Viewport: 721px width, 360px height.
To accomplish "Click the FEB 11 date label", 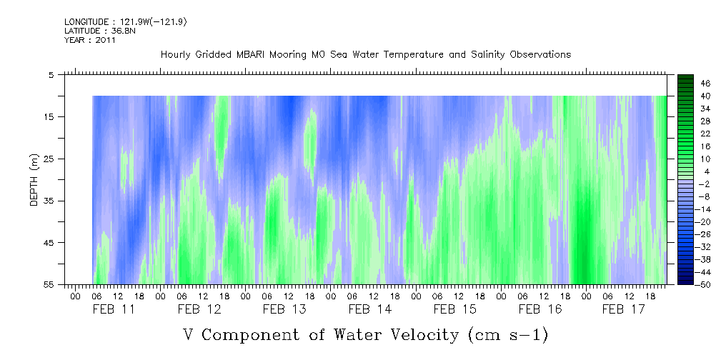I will pos(114,309).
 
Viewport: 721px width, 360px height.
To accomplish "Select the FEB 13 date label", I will pos(284,309).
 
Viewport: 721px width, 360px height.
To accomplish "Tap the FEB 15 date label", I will pos(455,309).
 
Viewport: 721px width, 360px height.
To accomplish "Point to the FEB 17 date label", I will pos(623,309).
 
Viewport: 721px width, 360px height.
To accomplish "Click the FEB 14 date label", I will pos(370,309).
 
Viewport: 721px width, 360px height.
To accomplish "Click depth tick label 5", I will pos(51,74).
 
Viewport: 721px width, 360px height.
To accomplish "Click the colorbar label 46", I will pos(705,84).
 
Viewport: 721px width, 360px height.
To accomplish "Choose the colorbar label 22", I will pos(705,133).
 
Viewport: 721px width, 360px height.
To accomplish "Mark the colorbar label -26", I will pos(703,234).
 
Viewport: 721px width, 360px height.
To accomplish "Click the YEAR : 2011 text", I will pos(90,40).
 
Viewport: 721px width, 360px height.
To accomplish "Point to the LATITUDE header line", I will pos(94,31).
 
